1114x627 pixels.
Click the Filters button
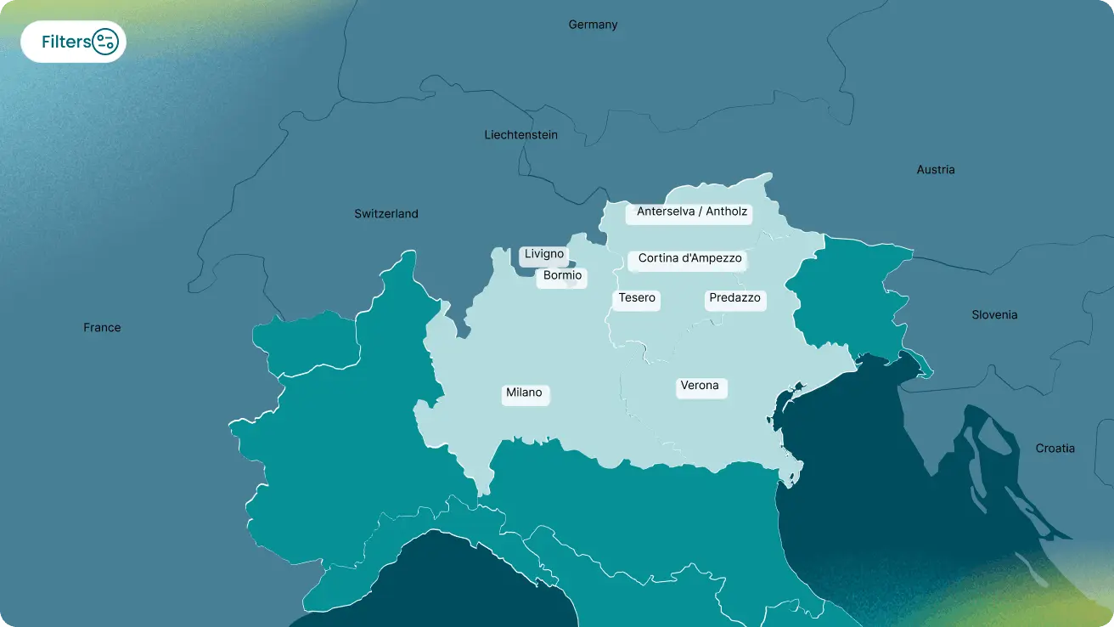[x=73, y=42]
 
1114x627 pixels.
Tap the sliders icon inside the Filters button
[x=105, y=42]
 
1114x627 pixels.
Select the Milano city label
[x=525, y=393]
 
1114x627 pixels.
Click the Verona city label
[x=700, y=387]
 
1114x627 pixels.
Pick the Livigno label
[x=544, y=255]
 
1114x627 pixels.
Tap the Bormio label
[x=562, y=276]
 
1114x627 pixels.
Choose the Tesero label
[x=637, y=299]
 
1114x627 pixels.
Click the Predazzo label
[x=735, y=299]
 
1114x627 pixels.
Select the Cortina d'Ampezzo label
[x=689, y=259]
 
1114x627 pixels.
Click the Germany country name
[x=593, y=25]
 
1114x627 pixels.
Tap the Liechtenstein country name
[x=520, y=135]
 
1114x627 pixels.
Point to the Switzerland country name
[x=386, y=214]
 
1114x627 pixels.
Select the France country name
[x=102, y=328]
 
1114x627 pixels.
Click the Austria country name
[x=936, y=170]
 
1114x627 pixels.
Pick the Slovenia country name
[x=994, y=315]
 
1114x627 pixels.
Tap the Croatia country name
[x=1055, y=449]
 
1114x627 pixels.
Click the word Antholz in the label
[x=727, y=212]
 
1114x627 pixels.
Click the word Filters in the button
[x=65, y=42]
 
